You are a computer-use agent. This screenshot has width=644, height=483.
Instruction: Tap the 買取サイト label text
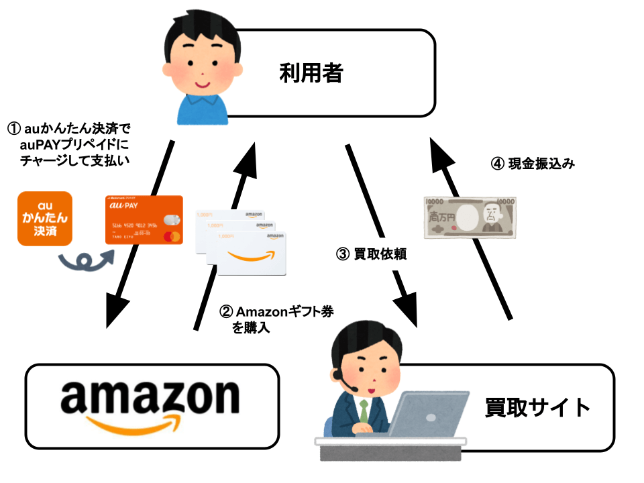537,407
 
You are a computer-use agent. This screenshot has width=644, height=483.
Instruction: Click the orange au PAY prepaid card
144,220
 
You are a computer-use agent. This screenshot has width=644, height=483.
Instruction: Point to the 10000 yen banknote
470,217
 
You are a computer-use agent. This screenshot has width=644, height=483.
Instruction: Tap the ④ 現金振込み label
533,164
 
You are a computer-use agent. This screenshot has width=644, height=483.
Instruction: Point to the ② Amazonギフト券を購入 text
276,318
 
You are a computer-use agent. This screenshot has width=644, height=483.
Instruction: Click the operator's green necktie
364,411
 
